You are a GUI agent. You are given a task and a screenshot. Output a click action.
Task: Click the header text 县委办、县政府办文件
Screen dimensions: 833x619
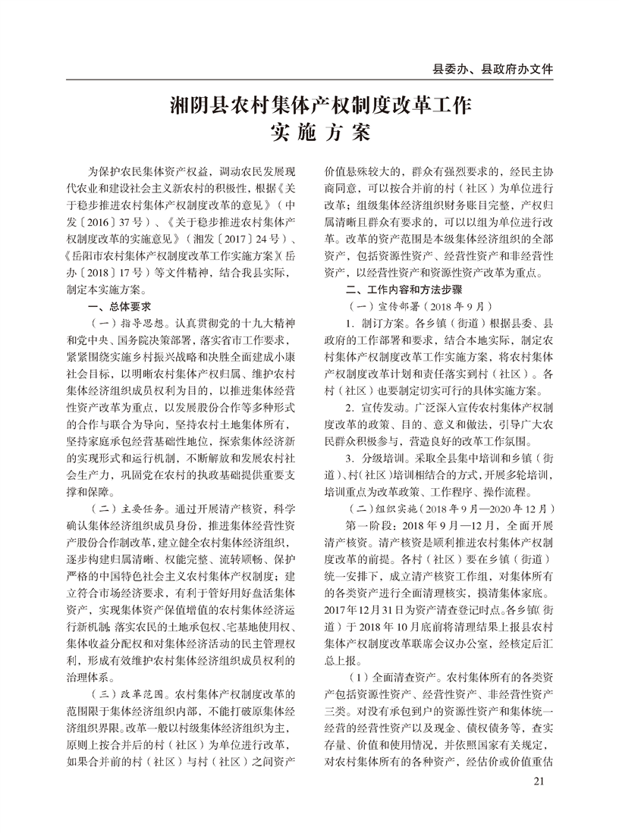(492, 68)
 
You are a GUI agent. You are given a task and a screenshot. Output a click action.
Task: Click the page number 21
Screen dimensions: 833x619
(539, 781)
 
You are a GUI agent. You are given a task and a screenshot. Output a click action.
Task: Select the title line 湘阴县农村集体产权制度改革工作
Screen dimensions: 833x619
(309, 104)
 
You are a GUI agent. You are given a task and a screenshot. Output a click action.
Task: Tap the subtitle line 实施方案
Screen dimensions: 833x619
(309, 133)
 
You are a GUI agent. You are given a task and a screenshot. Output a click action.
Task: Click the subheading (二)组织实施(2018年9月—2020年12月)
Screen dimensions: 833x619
(432, 507)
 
